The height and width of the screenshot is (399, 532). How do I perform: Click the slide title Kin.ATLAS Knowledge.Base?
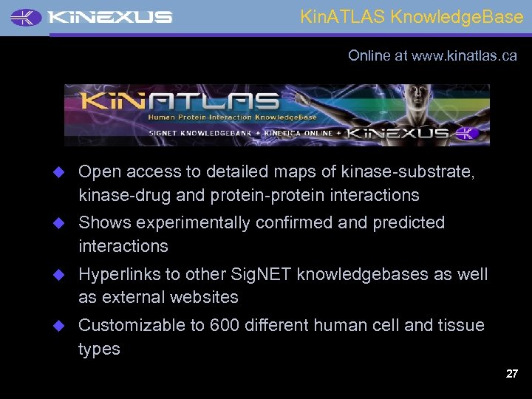pos(412,17)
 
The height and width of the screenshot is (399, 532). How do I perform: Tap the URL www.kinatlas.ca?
pos(464,55)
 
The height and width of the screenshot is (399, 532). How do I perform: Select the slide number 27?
pos(511,374)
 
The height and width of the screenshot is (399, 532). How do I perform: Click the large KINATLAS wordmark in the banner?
pos(180,101)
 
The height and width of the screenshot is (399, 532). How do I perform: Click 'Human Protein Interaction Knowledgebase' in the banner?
pos(233,117)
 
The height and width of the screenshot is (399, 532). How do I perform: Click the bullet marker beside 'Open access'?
pos(63,171)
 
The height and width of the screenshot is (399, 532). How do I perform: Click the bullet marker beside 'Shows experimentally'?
pos(63,222)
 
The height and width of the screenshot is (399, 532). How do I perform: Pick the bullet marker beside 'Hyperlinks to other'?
pos(63,274)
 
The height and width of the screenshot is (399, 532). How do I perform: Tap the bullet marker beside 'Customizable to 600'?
pos(63,325)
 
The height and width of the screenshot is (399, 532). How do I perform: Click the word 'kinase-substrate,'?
pos(408,171)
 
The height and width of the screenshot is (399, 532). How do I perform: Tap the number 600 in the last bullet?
pos(225,325)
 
